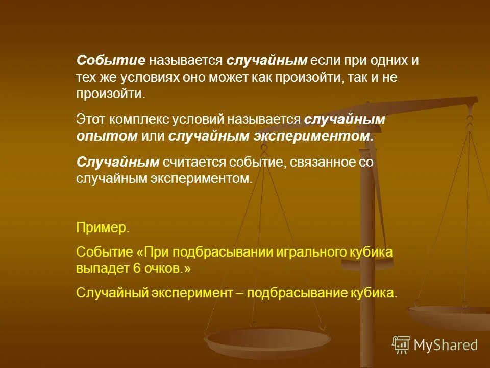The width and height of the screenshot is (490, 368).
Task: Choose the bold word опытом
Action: pos(107,136)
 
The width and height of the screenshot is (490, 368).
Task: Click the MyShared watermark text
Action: pos(446,345)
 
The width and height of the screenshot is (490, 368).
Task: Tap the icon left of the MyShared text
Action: pos(401,345)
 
